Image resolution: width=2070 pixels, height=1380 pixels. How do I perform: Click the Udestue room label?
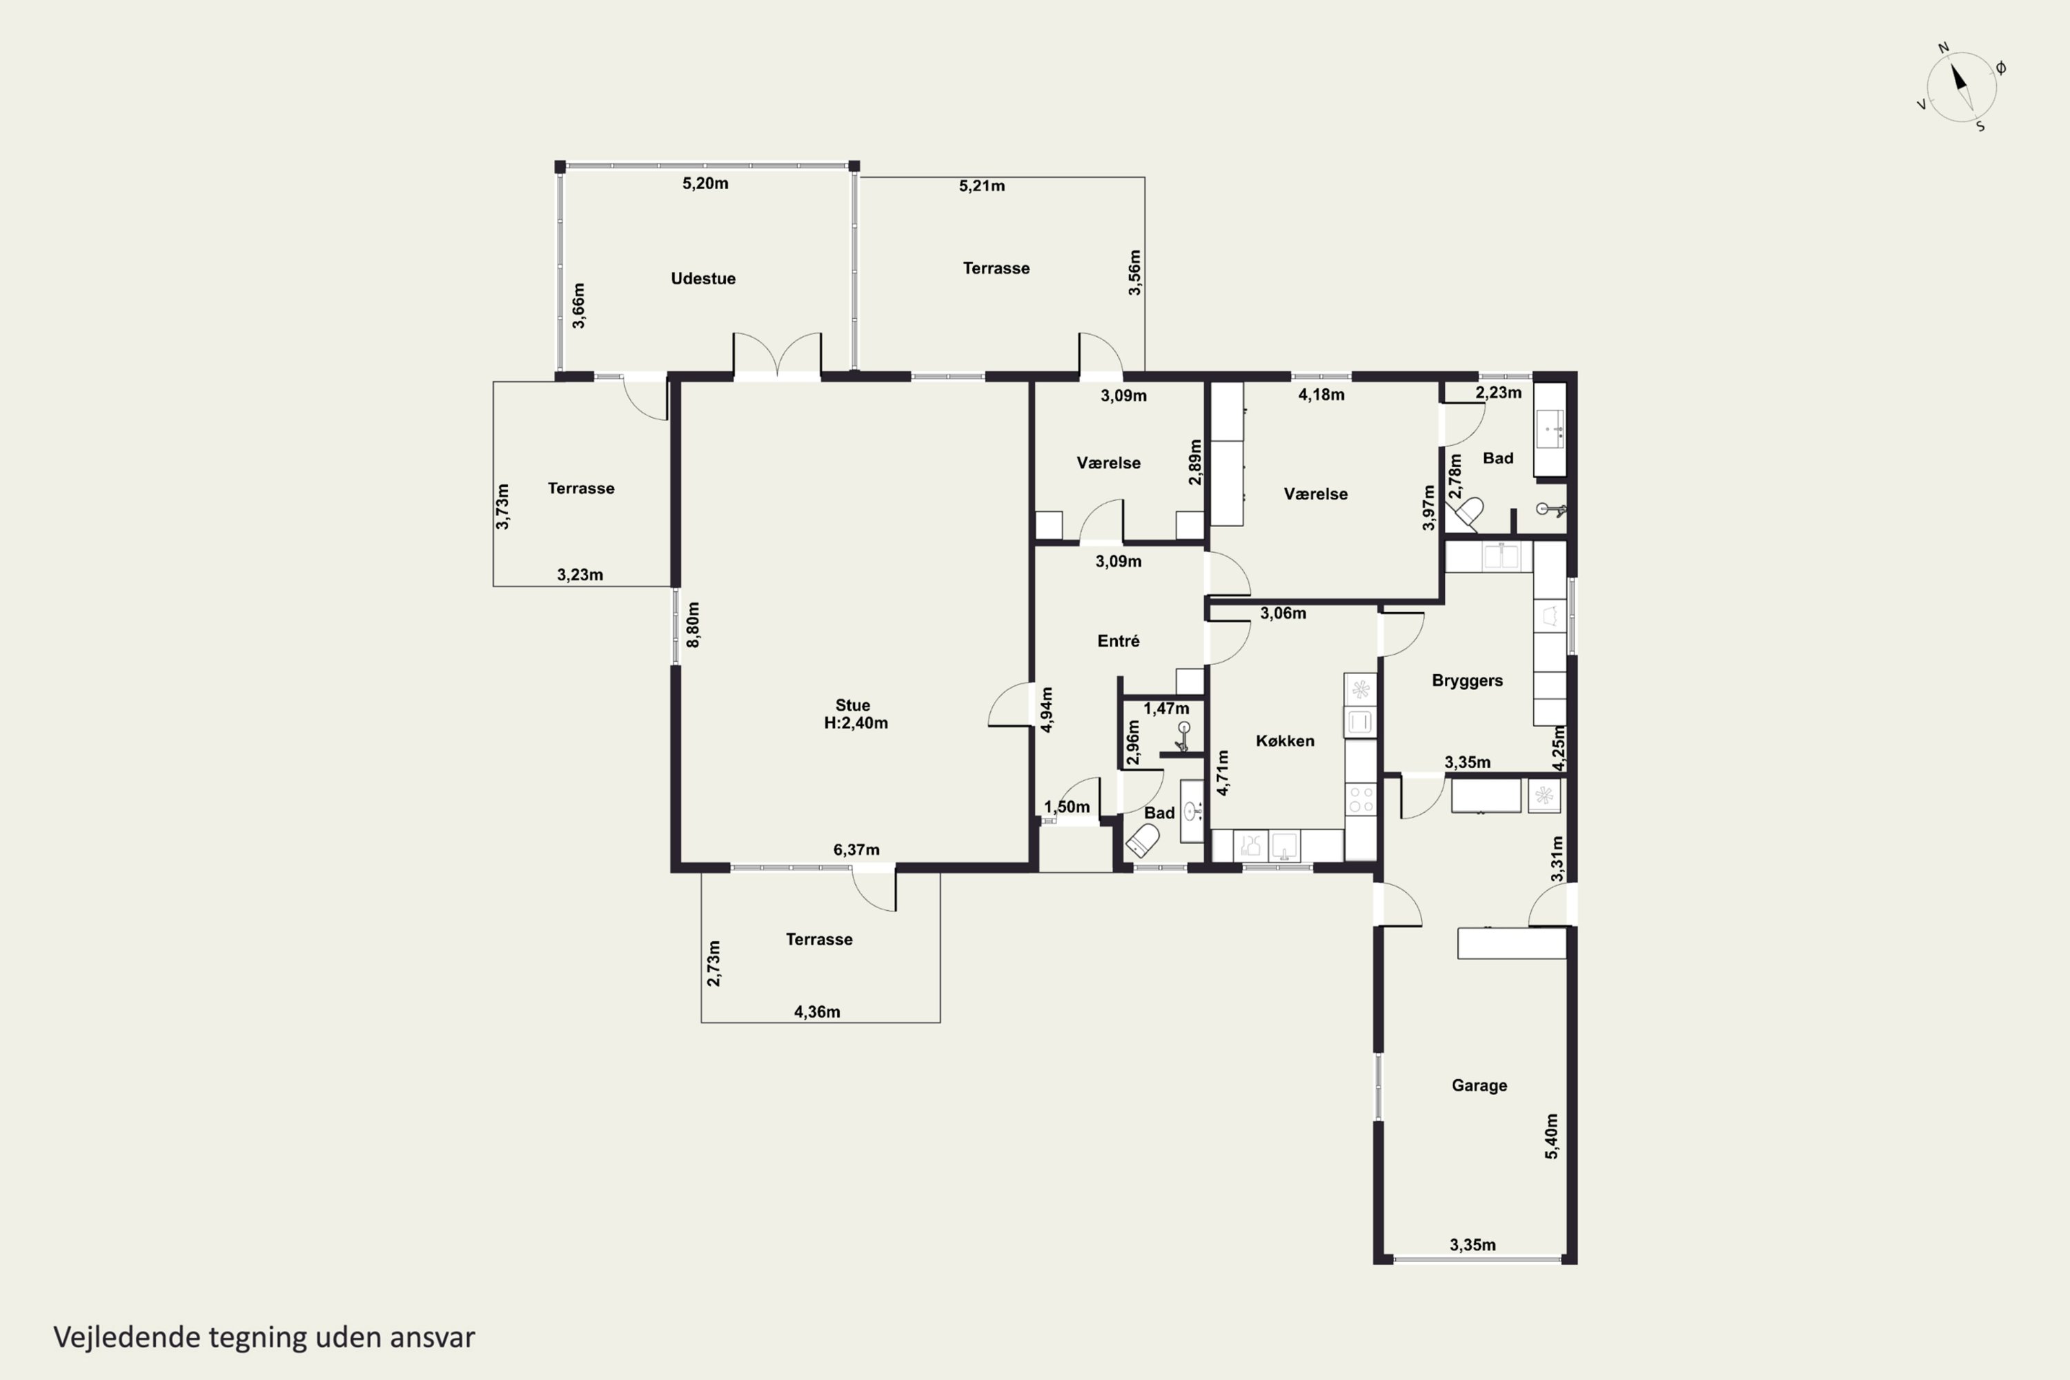tap(703, 278)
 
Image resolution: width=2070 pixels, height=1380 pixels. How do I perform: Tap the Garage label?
tap(1479, 1085)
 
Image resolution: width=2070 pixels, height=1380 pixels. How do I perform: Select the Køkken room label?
tap(1285, 741)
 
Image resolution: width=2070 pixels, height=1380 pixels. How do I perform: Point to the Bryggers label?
tap(1467, 680)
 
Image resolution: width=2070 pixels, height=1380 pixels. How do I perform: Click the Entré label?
tap(1118, 642)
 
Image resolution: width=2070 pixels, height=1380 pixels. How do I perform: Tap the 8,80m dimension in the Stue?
tap(693, 625)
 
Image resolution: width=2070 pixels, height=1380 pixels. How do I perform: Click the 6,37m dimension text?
tap(856, 849)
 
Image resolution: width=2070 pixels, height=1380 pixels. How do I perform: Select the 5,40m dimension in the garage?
tap(1552, 1136)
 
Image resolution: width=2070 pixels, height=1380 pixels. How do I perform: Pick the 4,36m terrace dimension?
tap(817, 1012)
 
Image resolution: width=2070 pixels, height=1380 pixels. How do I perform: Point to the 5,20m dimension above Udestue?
tap(705, 183)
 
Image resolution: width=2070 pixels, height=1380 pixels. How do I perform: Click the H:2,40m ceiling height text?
tap(856, 723)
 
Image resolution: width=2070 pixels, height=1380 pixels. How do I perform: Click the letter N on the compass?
tap(1943, 48)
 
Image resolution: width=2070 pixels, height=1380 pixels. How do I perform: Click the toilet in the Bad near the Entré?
tap(1143, 840)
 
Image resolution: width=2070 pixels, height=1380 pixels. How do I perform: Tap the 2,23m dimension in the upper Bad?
tap(1498, 393)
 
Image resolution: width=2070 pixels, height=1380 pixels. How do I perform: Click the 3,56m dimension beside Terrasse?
tap(1134, 272)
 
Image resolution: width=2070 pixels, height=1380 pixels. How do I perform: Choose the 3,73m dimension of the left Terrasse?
tap(502, 506)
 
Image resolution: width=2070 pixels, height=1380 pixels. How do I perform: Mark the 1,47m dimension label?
tap(1166, 709)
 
